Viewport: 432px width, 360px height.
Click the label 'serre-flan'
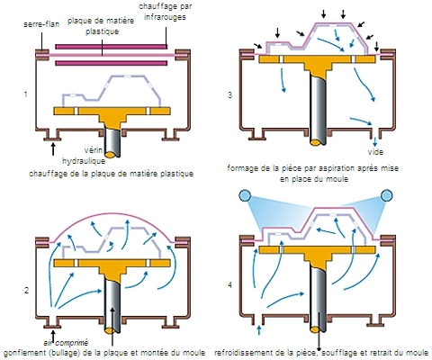(x=41, y=24)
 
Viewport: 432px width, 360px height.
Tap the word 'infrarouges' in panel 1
(x=165, y=17)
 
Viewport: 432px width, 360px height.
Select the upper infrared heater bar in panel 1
(x=112, y=47)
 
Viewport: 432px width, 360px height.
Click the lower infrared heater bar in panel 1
(x=112, y=63)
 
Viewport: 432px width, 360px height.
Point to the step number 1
(x=26, y=94)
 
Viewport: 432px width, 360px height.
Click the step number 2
(x=26, y=291)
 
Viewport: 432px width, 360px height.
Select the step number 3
(x=230, y=95)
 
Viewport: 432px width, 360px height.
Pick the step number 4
(x=230, y=285)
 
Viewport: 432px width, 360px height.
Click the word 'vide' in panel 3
(x=375, y=152)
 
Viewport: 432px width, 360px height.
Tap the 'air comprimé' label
(x=66, y=343)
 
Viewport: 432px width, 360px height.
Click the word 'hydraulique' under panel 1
(x=84, y=161)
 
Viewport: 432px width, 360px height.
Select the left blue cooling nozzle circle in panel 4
(x=245, y=195)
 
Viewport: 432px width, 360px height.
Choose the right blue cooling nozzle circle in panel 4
(x=386, y=195)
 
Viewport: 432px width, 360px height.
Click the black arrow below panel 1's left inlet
(x=53, y=149)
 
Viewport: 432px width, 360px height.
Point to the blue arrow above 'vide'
(x=375, y=141)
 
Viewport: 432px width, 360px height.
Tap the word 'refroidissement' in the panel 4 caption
(x=241, y=353)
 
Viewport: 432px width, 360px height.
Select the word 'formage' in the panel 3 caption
(x=241, y=168)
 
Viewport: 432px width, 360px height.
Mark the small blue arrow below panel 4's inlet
(x=259, y=330)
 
